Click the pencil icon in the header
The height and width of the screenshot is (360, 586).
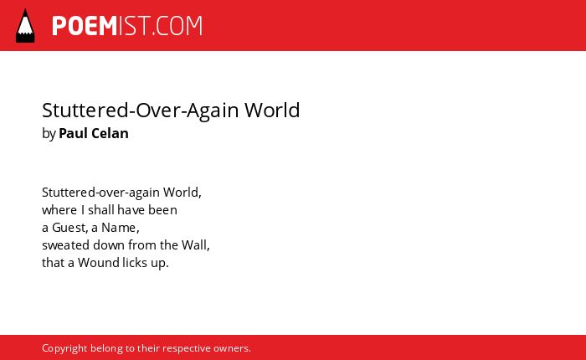(x=25, y=25)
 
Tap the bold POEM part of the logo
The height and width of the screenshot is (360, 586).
(x=85, y=26)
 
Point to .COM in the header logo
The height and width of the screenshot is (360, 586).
(x=177, y=26)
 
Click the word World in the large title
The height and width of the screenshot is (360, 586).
(x=272, y=110)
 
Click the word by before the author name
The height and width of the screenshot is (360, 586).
(x=49, y=134)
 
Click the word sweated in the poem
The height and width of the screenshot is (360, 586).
(x=65, y=245)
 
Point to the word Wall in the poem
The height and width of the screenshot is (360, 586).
(x=194, y=245)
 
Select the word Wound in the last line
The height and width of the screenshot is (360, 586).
(x=98, y=263)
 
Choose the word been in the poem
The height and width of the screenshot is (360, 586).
(x=162, y=210)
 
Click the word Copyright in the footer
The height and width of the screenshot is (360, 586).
(x=64, y=348)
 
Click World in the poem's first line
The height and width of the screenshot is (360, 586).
(x=181, y=193)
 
